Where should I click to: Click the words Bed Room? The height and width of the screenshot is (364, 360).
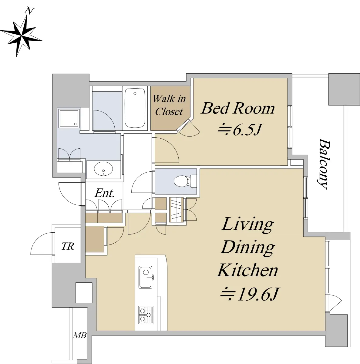coord(238,109)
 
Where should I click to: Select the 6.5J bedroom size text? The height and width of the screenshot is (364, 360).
coord(240,130)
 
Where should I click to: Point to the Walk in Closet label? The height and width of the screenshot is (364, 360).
coord(169,105)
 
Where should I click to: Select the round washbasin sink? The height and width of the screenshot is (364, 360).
coord(103,169)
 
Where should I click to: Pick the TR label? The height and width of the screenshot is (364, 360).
coord(68,246)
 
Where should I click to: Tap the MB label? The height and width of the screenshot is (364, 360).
coord(80,335)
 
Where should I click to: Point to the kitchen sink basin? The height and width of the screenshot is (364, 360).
coord(146,277)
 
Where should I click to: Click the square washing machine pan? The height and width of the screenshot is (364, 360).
coord(69,119)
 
